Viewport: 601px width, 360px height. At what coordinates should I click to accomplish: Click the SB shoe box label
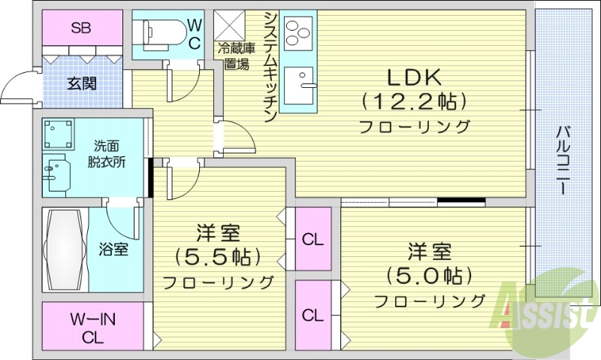coord(81,29)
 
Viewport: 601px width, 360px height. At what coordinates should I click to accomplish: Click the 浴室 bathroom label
coord(113,250)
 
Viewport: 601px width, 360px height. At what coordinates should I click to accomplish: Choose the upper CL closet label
coord(313,241)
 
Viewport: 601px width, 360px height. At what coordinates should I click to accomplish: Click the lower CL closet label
coord(313,315)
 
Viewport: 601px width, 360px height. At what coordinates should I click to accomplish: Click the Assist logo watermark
coord(553,308)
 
